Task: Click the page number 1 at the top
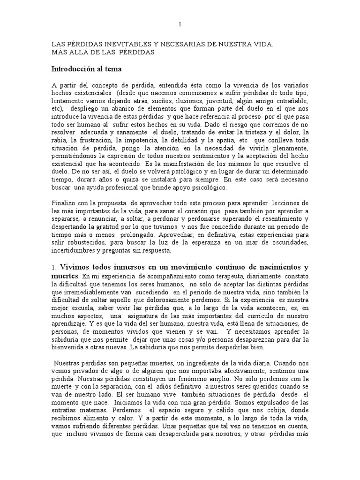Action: (181, 24)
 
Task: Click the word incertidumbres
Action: (72, 251)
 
